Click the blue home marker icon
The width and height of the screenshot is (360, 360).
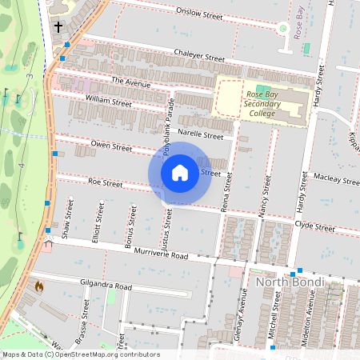(180, 173)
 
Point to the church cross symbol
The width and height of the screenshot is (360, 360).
(58, 26)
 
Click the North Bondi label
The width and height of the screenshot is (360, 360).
(290, 282)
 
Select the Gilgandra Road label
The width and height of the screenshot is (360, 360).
(106, 286)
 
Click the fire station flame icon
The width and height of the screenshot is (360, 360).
(38, 285)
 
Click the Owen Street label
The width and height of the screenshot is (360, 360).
(111, 147)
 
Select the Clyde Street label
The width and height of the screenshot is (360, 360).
(314, 227)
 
